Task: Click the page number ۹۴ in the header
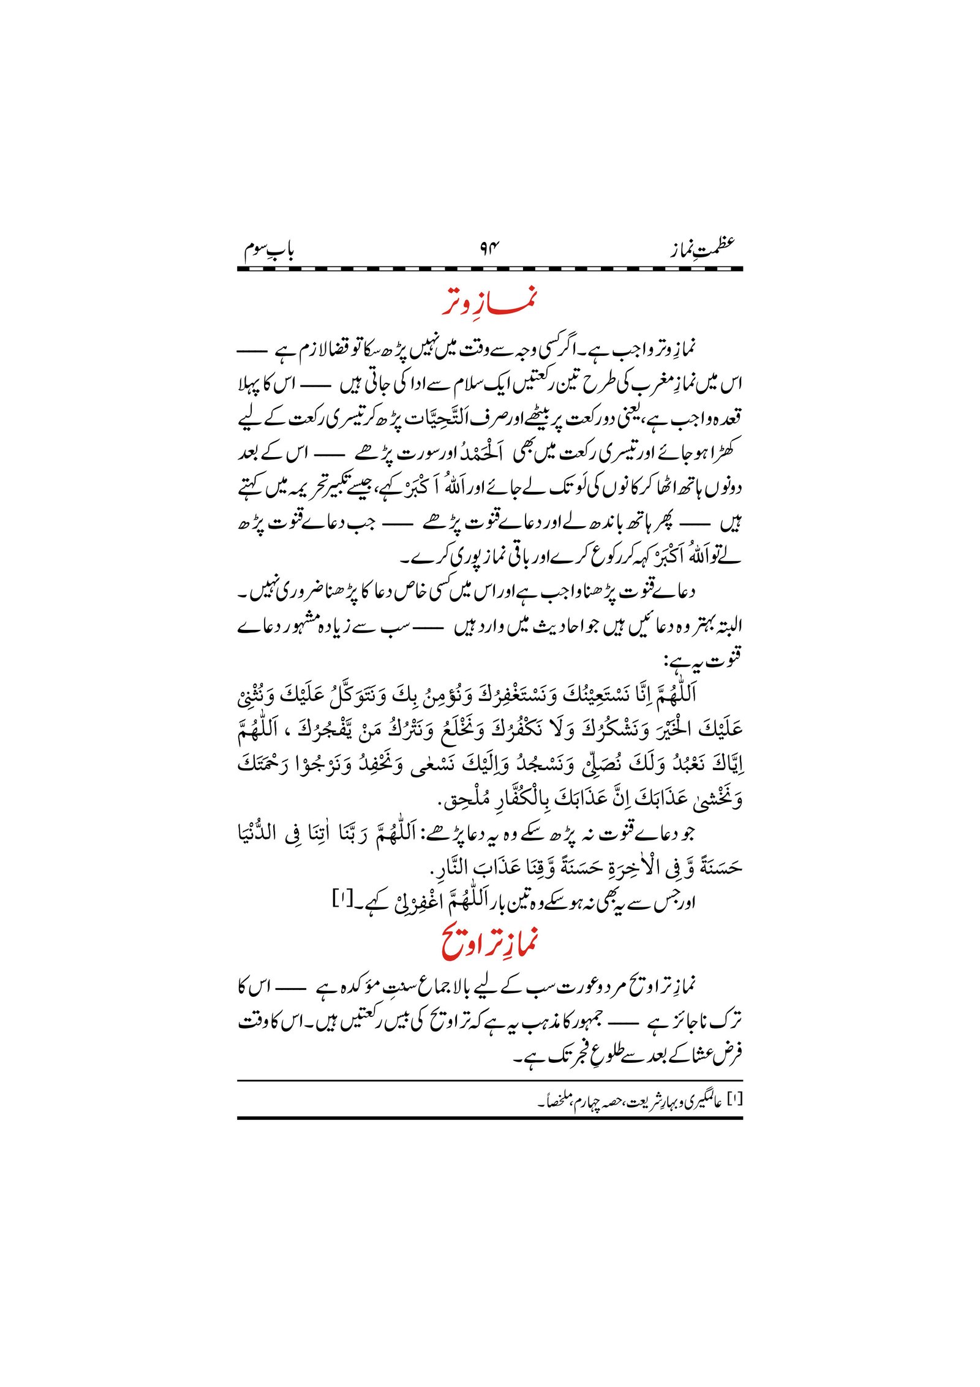[489, 249]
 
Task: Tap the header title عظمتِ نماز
[702, 248]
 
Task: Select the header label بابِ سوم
[269, 250]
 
